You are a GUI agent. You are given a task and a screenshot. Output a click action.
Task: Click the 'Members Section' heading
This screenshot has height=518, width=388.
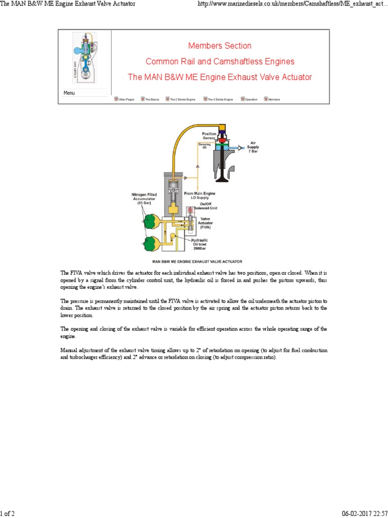coord(219,46)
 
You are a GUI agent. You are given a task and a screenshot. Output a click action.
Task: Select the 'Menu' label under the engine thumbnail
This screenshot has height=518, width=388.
coord(69,93)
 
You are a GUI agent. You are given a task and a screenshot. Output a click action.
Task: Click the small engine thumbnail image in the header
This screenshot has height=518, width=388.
coord(84,60)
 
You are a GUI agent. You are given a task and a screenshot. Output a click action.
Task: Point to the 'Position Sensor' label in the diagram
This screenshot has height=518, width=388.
coord(209,136)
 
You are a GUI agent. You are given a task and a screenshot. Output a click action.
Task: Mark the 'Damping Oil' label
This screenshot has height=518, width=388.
coord(205,146)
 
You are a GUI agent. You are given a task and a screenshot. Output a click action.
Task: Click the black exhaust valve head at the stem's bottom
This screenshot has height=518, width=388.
coord(222,180)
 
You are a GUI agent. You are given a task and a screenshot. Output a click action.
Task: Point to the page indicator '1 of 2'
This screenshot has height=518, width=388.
coord(8,514)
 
